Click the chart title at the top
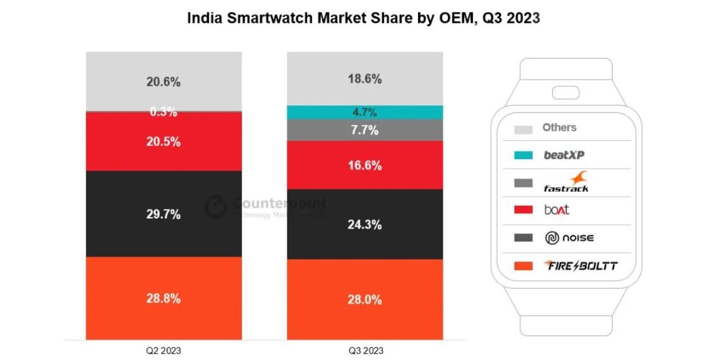363,18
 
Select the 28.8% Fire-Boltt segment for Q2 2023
164,298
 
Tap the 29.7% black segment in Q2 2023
164,214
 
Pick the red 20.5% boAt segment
164,142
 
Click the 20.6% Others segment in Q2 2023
164,81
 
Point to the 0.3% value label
164,112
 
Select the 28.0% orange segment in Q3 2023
364,300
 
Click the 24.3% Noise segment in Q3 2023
364,224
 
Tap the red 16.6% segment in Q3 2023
364,165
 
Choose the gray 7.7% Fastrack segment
364,131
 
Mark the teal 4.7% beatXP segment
364,112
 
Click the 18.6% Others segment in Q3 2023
364,79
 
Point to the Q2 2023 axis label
163,350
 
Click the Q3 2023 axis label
364,350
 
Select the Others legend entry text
559,128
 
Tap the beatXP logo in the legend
564,155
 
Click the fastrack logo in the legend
566,183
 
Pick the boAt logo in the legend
556,210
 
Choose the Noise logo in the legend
569,238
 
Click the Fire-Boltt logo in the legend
580,266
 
